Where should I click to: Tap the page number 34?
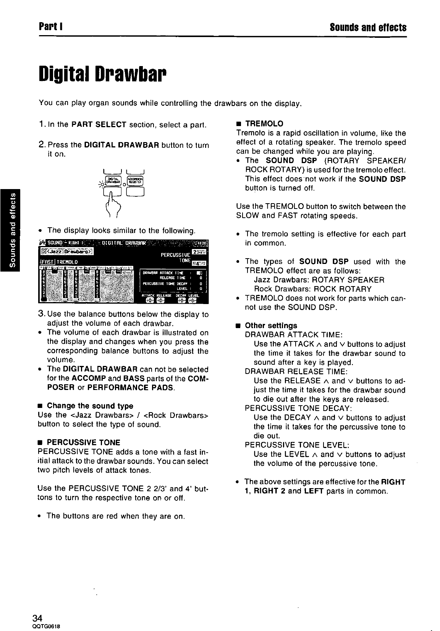(x=37, y=618)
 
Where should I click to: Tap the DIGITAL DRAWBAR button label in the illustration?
(x=113, y=180)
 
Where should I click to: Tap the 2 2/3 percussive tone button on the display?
(x=199, y=252)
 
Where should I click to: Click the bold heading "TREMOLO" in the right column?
(x=264, y=124)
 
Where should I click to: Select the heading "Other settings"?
(x=271, y=325)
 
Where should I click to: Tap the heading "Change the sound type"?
(x=90, y=406)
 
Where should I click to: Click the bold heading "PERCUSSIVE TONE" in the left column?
(x=83, y=442)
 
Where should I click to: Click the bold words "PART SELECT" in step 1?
(x=99, y=125)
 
